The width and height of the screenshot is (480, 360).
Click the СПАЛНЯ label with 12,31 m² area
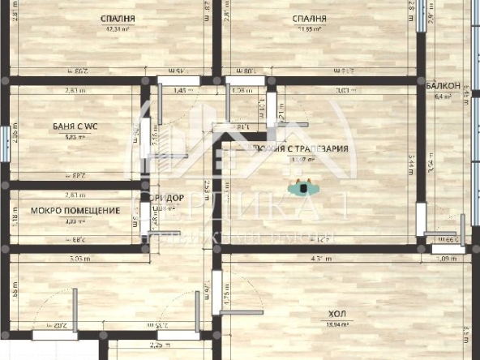coord(118,18)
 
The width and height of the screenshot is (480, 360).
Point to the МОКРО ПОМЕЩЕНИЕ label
coord(75,211)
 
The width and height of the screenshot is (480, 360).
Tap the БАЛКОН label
coord(444,85)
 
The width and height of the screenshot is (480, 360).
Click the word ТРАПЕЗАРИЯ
coord(321,148)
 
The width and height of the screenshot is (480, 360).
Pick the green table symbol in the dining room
coord(303,188)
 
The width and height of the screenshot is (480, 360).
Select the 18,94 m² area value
coord(334,324)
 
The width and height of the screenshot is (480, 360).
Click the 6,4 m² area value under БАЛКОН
coord(443,96)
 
